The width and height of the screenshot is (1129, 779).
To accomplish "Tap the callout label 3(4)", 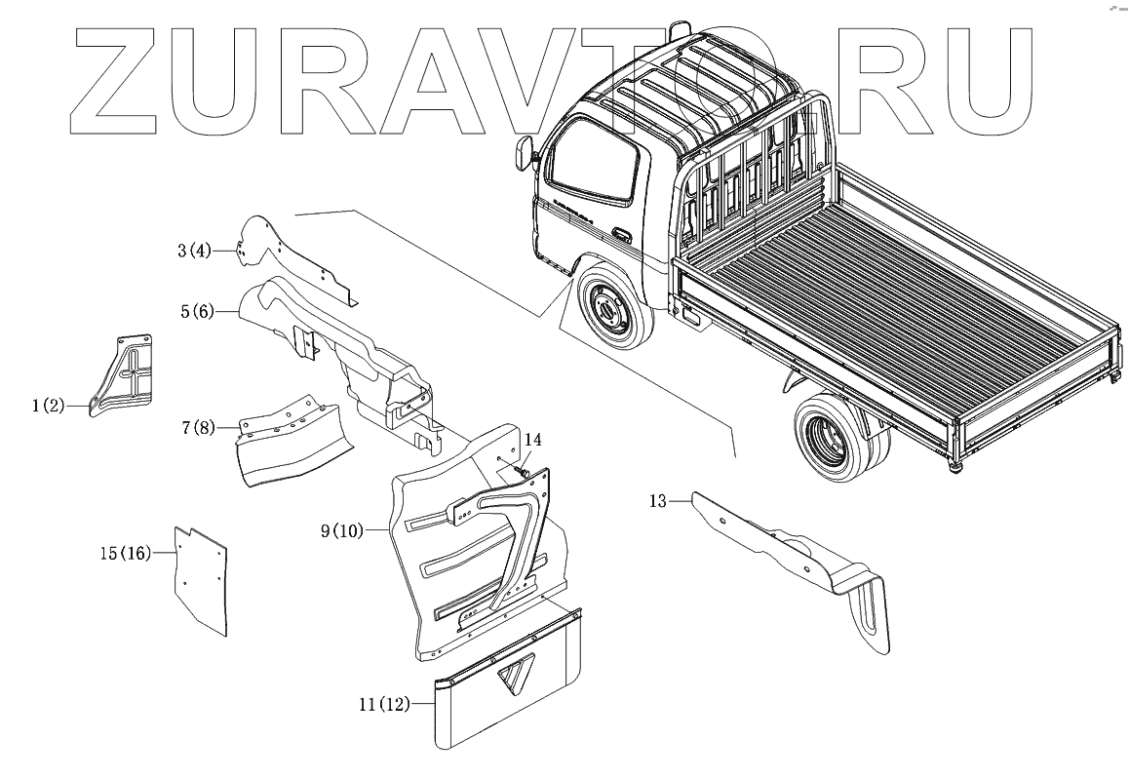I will (x=194, y=252).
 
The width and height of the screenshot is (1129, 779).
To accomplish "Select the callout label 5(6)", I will (x=196, y=312).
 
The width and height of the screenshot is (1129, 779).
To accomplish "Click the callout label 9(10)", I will (x=341, y=531).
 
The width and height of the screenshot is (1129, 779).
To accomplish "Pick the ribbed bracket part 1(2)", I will (x=124, y=375).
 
